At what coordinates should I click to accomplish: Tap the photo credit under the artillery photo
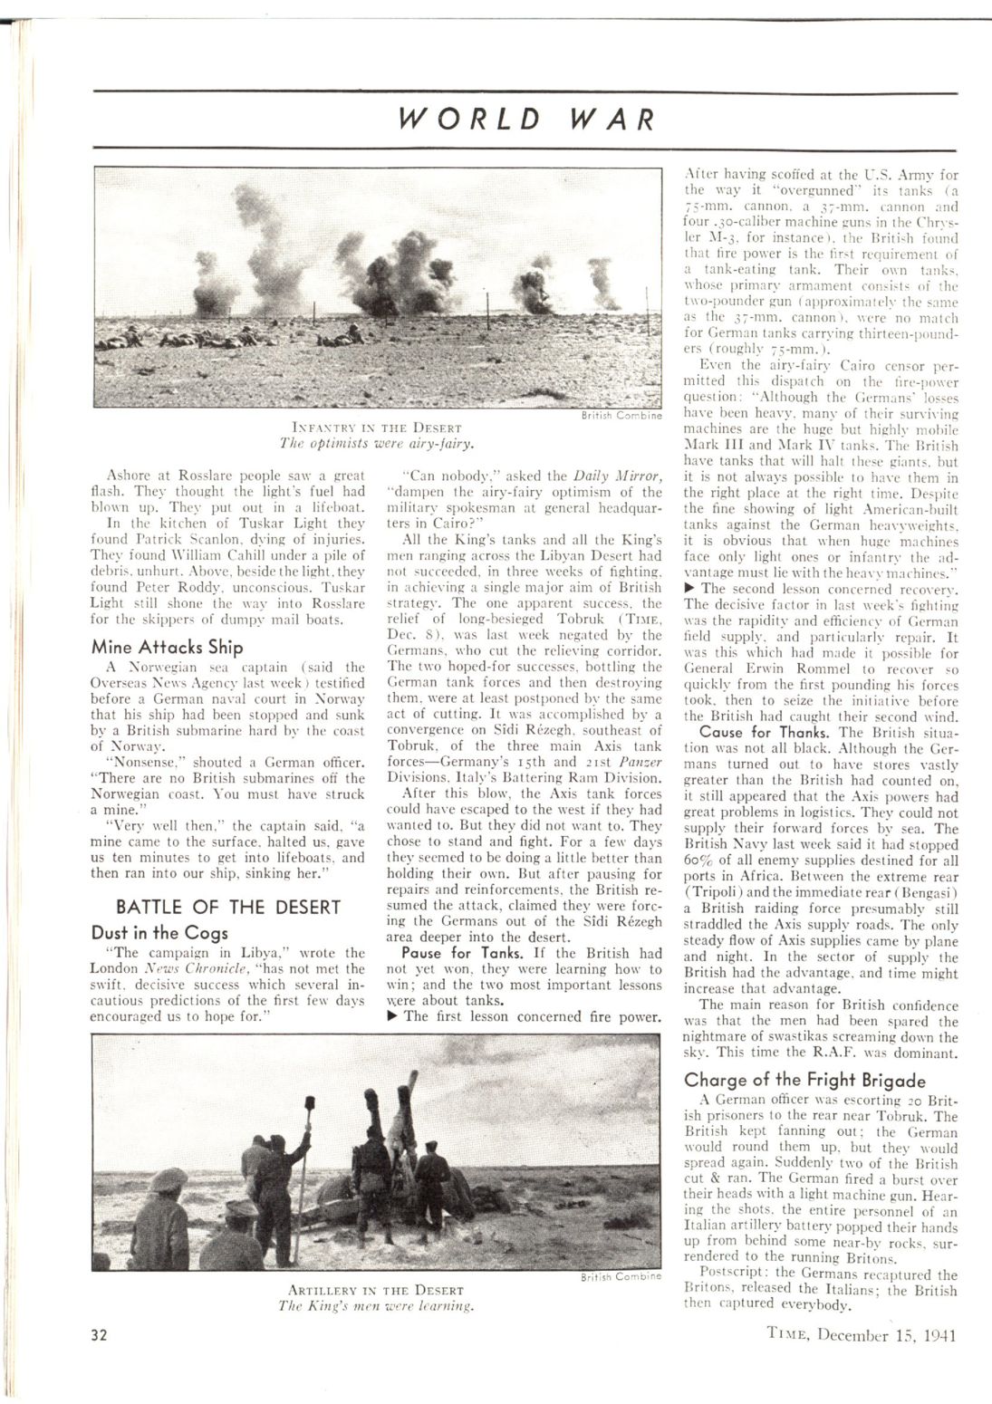tap(621, 1276)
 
